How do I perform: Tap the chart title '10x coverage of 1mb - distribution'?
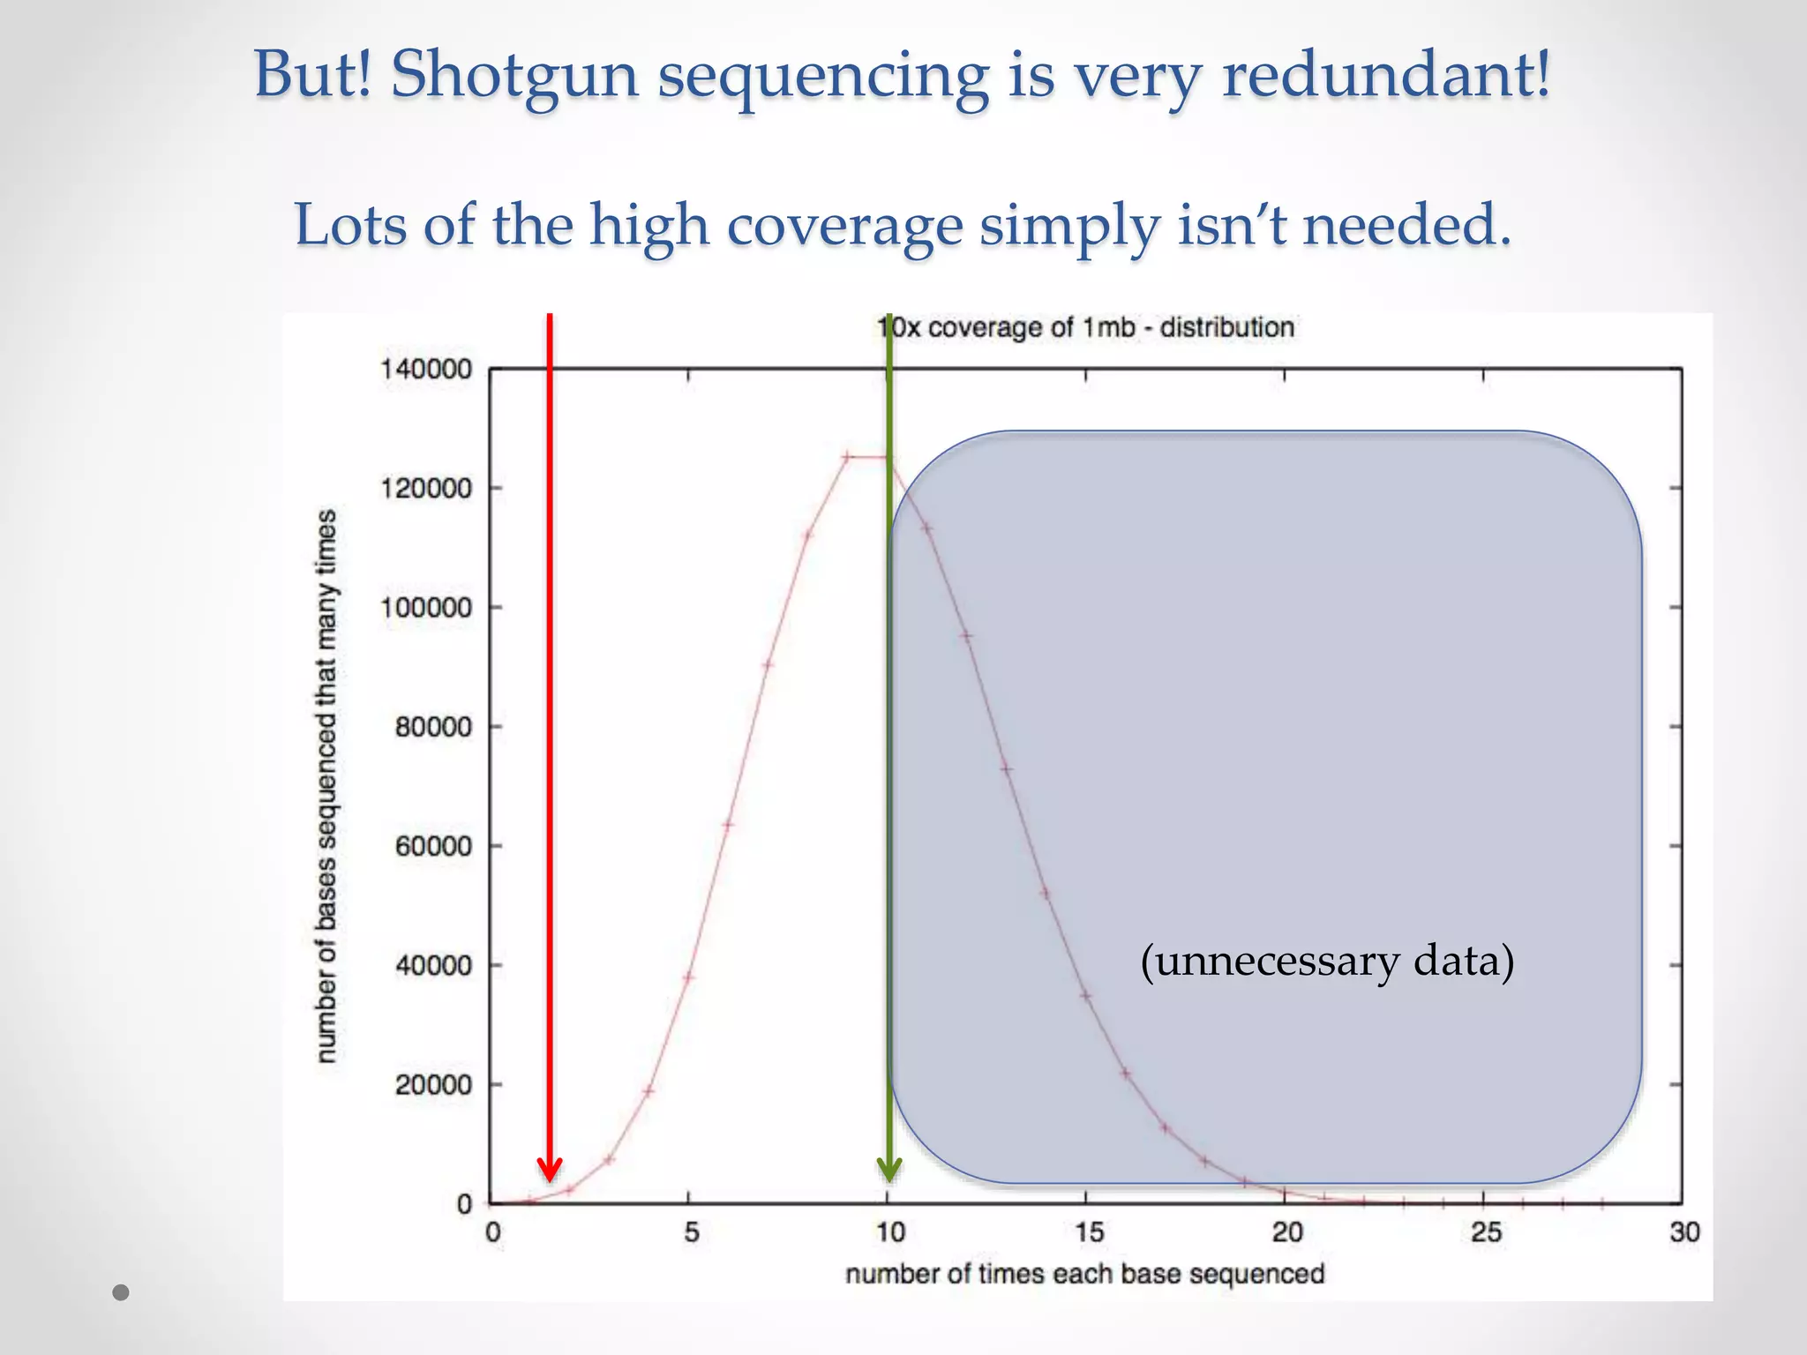point(1085,327)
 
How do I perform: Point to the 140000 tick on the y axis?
point(426,369)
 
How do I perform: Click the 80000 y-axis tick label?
point(433,727)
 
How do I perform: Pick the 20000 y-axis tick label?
point(433,1085)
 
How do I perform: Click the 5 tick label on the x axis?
point(691,1232)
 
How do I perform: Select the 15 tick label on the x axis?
point(1088,1232)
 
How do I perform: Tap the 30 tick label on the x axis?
point(1683,1232)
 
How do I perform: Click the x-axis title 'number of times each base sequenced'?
point(1085,1274)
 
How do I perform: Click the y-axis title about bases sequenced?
point(326,785)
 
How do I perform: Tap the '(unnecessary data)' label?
point(1326,961)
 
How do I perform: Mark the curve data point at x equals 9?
point(847,457)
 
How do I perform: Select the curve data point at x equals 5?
point(688,977)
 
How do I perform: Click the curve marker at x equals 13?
point(1006,768)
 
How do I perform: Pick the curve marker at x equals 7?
point(768,664)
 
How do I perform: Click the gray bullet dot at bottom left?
point(122,1292)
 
